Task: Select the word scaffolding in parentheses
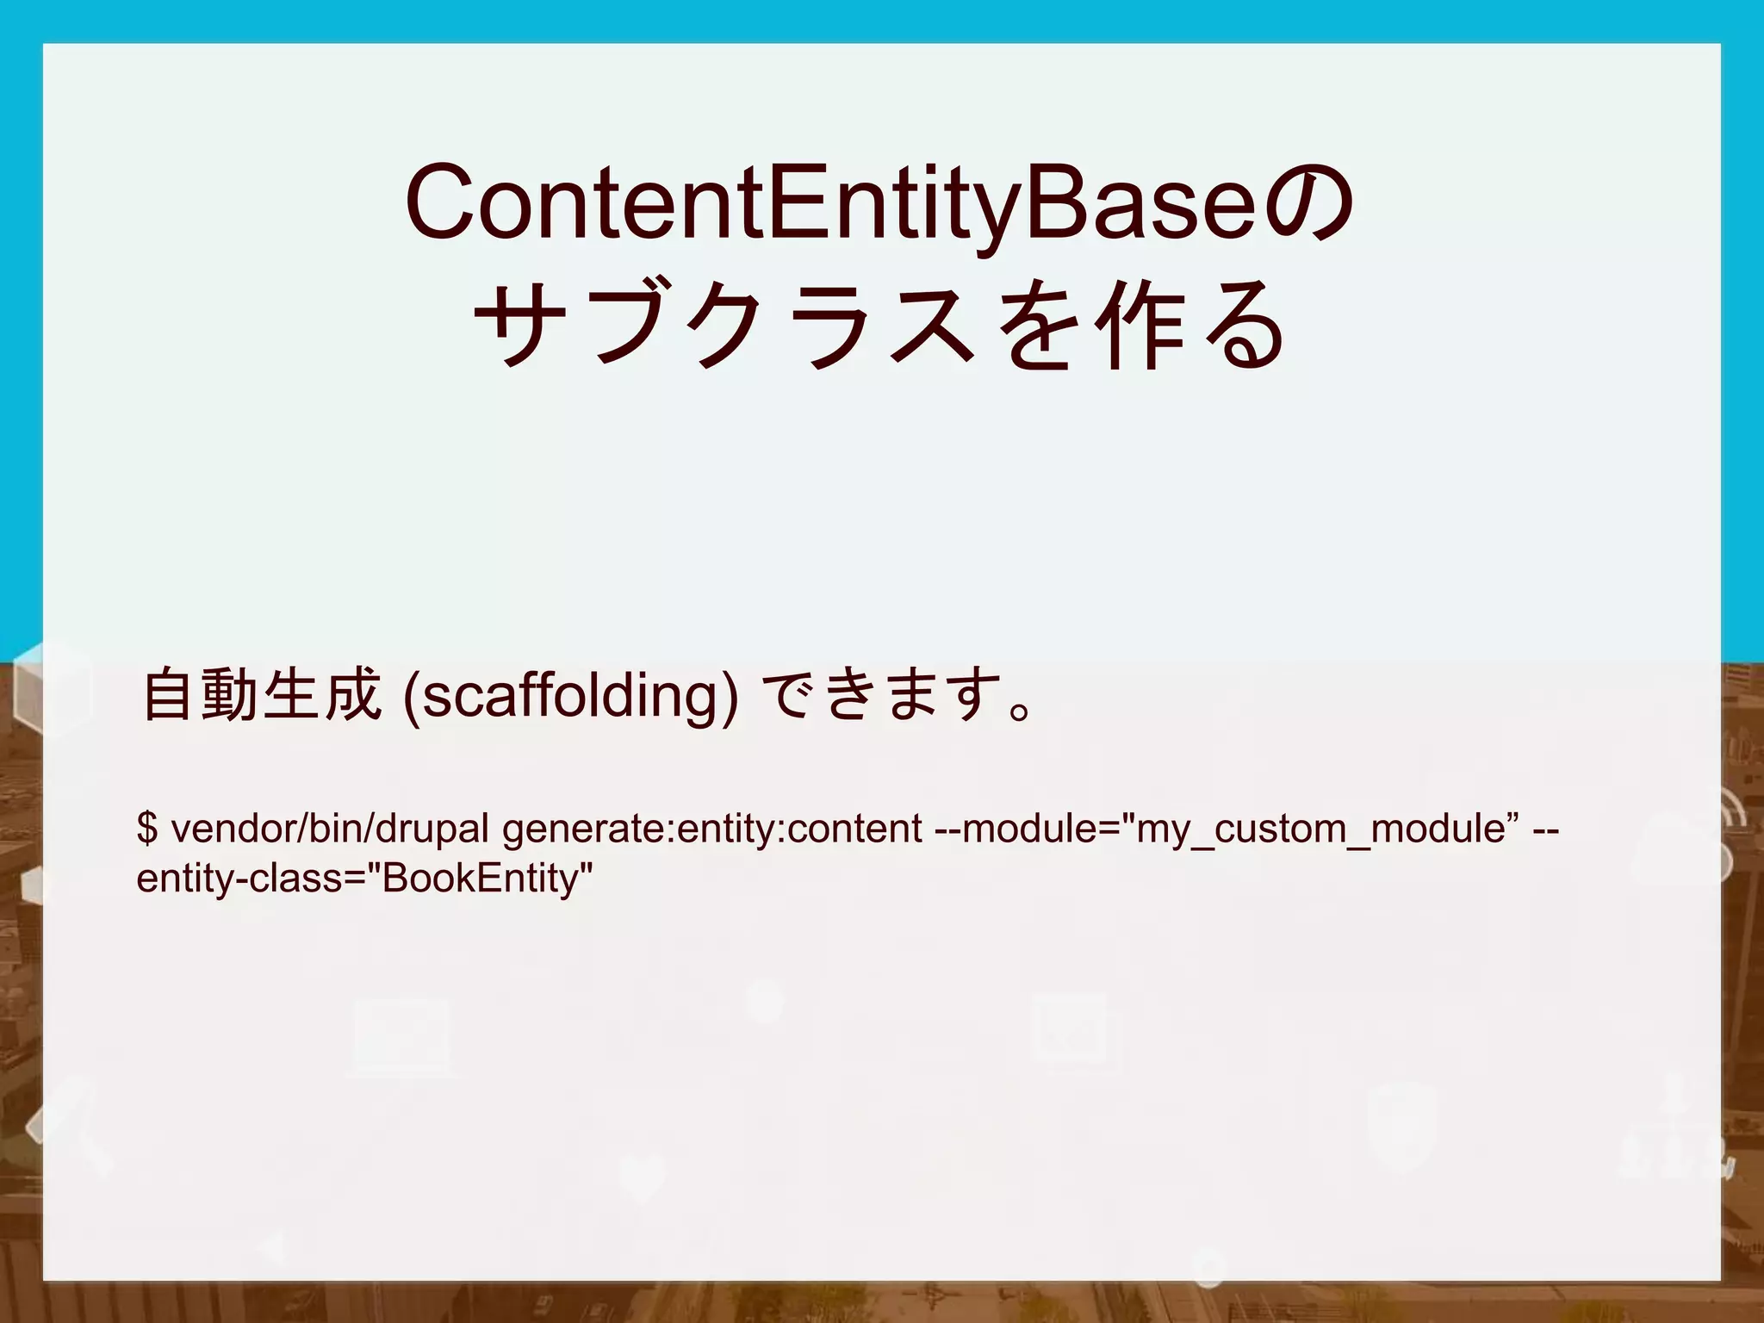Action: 568,696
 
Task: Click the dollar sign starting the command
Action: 147,829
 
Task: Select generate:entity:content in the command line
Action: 712,829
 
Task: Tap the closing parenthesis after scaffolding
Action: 730,696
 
